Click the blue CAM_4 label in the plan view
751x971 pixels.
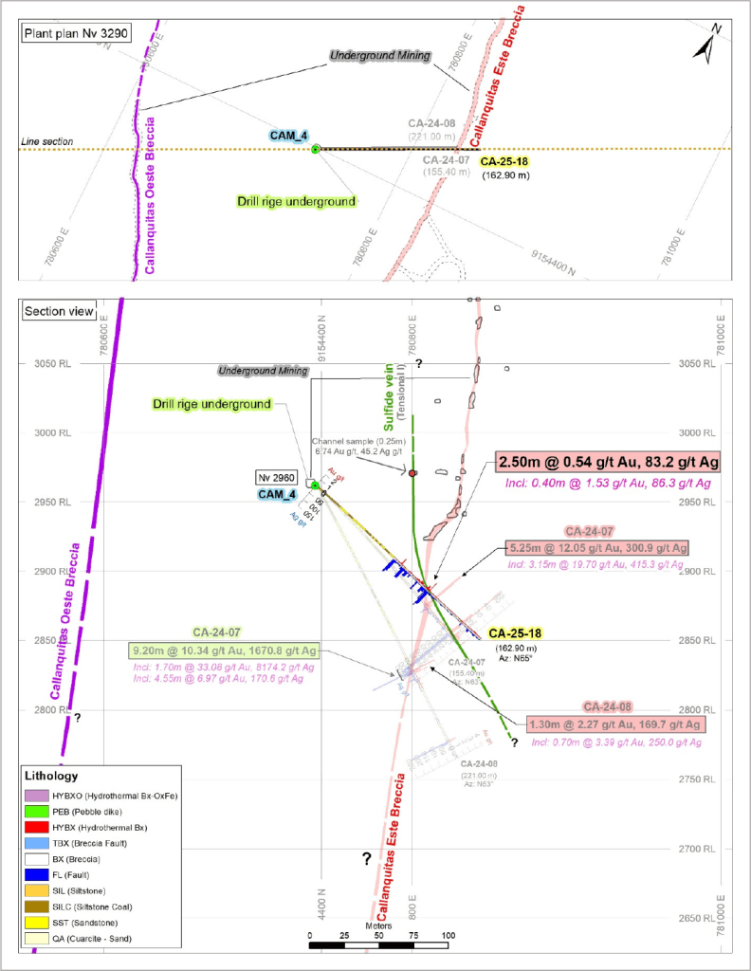pyautogui.click(x=288, y=136)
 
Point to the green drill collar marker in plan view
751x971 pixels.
pyautogui.click(x=316, y=147)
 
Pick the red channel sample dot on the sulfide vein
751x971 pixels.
pyautogui.click(x=412, y=472)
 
